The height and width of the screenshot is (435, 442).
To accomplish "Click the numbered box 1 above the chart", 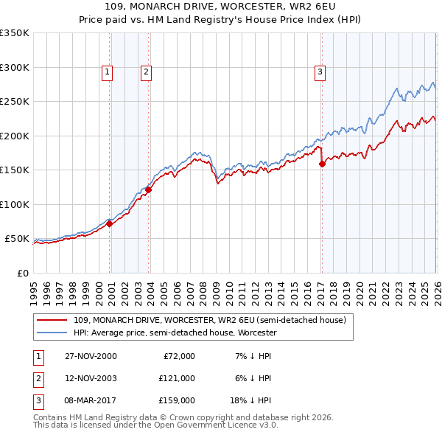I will tap(108, 72).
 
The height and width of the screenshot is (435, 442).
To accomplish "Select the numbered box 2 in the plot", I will tap(147, 72).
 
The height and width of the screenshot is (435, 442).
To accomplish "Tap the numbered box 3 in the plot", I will tap(320, 72).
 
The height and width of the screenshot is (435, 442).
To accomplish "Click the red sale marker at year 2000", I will tap(110, 224).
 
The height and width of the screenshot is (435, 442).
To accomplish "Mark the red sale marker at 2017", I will tap(322, 164).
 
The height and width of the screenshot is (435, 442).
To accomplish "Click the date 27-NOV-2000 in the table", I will tap(91, 355).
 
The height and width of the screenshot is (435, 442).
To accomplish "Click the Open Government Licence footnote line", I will tap(155, 425).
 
